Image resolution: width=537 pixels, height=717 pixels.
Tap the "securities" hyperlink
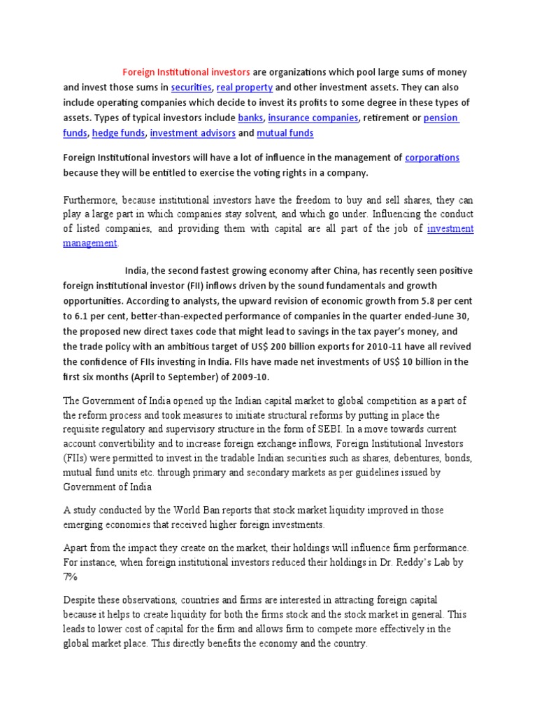point(191,88)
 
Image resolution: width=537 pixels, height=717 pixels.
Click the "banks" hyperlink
point(250,118)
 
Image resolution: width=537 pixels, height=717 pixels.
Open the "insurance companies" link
point(313,118)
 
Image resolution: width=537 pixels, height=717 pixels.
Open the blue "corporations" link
point(432,158)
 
